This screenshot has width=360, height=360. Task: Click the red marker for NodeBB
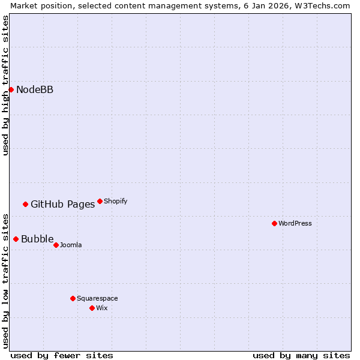click(x=11, y=89)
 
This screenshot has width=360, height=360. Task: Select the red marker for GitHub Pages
click(x=25, y=204)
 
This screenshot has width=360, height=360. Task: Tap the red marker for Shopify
click(x=100, y=201)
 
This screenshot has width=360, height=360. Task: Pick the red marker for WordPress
click(x=274, y=223)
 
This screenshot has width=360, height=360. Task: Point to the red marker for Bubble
click(x=16, y=239)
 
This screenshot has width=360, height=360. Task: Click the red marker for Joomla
click(x=56, y=245)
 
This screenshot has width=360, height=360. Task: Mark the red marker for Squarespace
click(x=73, y=298)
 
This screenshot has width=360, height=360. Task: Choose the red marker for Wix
click(x=92, y=308)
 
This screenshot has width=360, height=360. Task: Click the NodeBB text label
click(x=35, y=90)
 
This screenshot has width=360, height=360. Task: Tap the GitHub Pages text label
click(x=62, y=204)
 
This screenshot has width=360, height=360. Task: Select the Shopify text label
click(x=115, y=201)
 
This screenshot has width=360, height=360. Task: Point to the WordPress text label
click(x=295, y=223)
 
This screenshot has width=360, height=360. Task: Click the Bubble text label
click(x=37, y=239)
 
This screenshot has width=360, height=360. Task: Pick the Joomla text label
click(x=71, y=245)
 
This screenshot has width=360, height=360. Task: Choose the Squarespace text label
click(x=97, y=298)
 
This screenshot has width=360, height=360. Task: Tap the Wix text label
click(x=102, y=308)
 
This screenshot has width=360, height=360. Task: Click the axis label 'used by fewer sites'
click(x=62, y=355)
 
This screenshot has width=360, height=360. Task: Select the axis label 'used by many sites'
click(x=301, y=355)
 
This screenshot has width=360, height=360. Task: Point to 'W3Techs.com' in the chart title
click(x=325, y=5)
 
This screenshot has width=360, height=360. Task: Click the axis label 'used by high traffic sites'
click(x=5, y=85)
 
